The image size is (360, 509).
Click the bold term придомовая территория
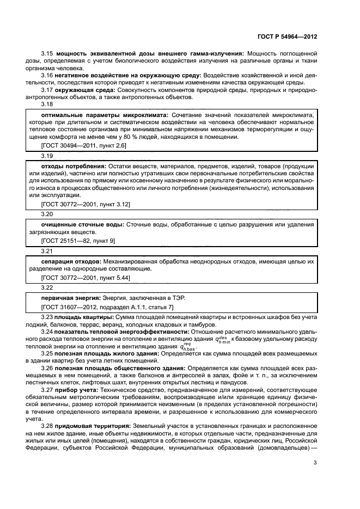click(x=93, y=425)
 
